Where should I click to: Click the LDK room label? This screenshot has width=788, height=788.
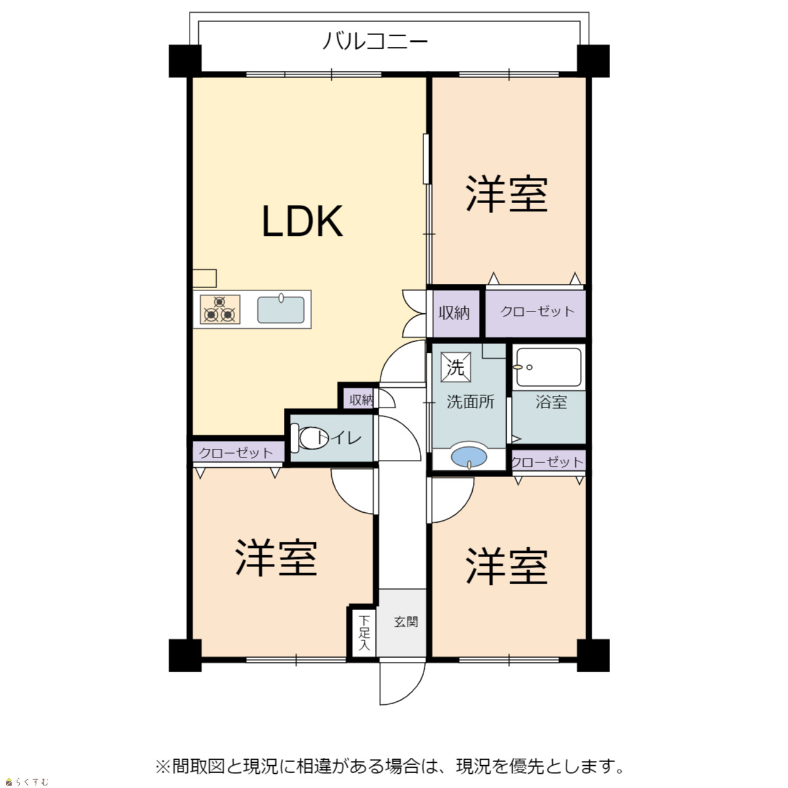(x=302, y=221)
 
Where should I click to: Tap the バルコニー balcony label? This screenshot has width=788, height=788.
(x=375, y=42)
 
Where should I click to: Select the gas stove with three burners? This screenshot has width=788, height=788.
(x=220, y=310)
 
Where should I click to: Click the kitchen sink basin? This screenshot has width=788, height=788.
(x=281, y=310)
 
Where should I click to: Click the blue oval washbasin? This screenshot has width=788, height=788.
(x=468, y=456)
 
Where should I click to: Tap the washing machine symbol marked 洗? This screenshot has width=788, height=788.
(x=456, y=367)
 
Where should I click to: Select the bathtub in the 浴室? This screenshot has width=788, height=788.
(x=549, y=367)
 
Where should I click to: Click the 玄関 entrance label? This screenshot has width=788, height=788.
(x=406, y=622)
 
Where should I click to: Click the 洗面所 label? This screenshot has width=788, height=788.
(x=470, y=401)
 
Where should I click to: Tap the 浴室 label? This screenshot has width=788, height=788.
(x=551, y=401)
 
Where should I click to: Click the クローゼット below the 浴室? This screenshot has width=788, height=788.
(x=548, y=461)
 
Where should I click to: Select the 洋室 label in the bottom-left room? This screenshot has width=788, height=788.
(x=276, y=557)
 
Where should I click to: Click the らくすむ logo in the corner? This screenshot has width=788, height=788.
(x=27, y=782)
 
